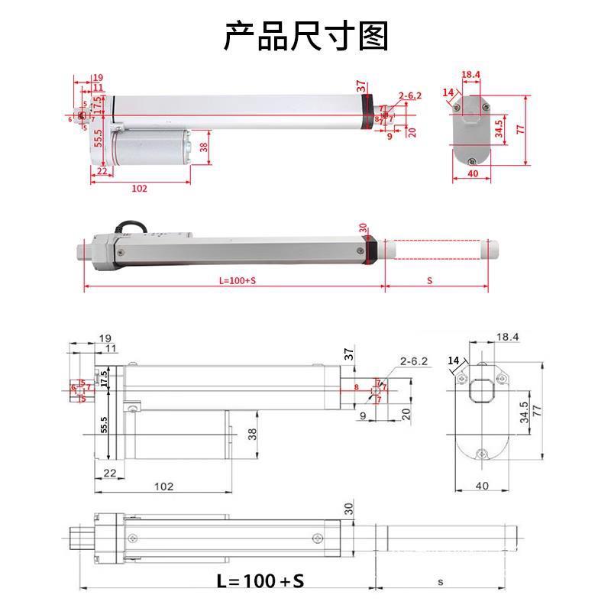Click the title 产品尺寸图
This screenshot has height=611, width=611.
(305, 36)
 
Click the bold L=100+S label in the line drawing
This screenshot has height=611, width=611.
(260, 581)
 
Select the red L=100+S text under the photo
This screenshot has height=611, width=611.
(237, 280)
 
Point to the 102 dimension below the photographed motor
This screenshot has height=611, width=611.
(138, 188)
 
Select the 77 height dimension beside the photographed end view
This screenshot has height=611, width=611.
(520, 130)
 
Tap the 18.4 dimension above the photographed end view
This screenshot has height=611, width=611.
(471, 75)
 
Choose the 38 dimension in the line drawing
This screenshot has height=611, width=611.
(252, 435)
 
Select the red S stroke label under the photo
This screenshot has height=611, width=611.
(430, 280)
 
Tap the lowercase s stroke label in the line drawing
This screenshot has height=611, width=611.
(441, 581)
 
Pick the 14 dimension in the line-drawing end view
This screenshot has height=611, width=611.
(454, 360)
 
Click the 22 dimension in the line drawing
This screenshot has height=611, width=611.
(109, 473)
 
